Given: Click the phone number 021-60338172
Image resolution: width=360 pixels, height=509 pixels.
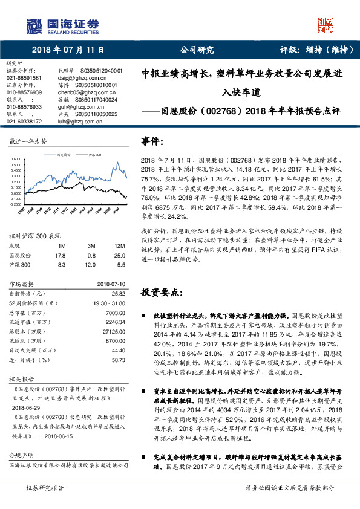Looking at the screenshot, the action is coord(24,122).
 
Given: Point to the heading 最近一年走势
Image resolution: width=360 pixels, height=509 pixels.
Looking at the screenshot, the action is coord(28,141).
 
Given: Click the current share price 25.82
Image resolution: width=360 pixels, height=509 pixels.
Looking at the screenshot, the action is coord(118,293).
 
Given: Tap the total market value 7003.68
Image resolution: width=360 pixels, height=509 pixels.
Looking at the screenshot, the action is coord(114,313).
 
